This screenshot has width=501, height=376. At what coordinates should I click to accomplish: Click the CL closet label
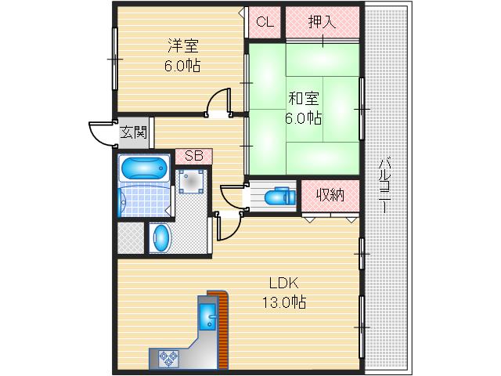tap(265, 22)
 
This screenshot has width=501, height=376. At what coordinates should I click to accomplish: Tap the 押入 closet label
tap(322, 22)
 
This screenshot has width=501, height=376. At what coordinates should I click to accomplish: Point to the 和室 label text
tap(304, 99)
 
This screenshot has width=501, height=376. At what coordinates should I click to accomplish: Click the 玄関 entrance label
tap(133, 132)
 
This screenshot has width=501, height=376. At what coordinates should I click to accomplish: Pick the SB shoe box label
tap(193, 156)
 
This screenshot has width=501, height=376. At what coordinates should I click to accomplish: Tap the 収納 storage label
tap(330, 195)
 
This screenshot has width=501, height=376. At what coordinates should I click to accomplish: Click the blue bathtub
tap(144, 169)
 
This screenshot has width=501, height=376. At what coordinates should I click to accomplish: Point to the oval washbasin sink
tap(160, 238)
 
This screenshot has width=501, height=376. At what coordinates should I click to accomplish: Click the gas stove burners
tap(167, 358)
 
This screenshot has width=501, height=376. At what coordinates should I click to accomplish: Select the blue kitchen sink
tap(208, 318)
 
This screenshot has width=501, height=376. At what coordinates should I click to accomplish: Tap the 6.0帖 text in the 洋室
tap(182, 66)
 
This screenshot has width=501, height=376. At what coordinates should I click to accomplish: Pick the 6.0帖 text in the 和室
tap(304, 118)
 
